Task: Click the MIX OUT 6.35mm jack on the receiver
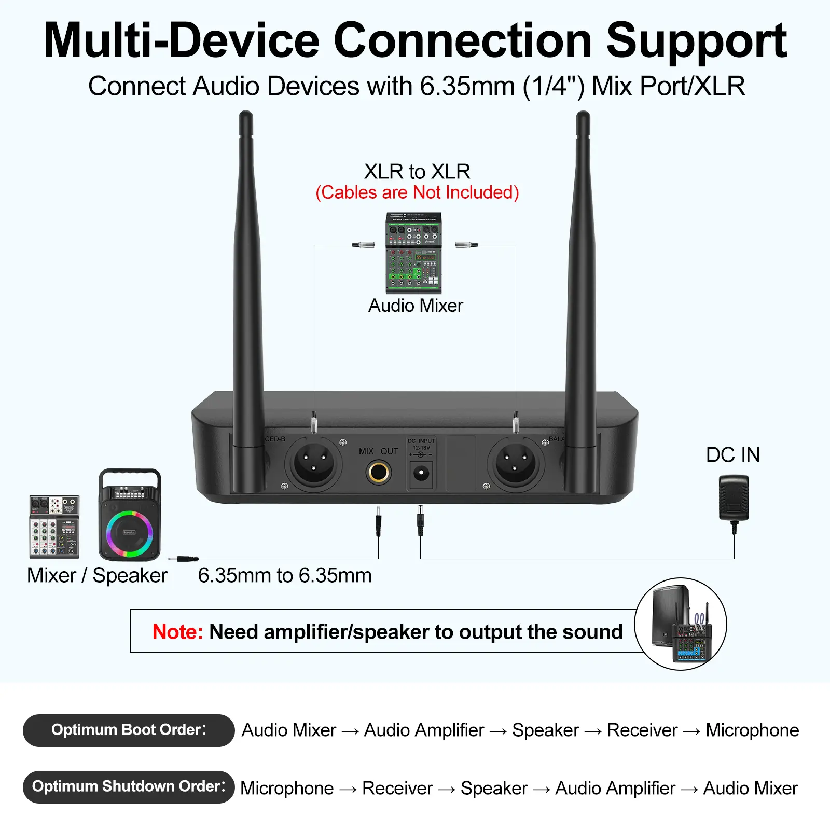coord(378,472)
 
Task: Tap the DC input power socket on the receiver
coord(421,473)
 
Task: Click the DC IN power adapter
coord(734,499)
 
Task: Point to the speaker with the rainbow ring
coord(130,516)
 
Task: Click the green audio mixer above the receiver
coord(413,253)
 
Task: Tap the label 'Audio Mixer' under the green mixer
coord(416,306)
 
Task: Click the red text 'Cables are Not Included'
coord(417,192)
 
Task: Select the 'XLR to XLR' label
coord(417,171)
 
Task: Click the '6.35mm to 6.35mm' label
coord(285,575)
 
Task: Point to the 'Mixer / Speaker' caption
coord(98,575)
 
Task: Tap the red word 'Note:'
coord(177,632)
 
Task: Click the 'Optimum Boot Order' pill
coord(129,730)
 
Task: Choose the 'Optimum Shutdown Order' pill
coord(129,786)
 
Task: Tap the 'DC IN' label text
coord(733,455)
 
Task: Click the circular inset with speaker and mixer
coord(680,624)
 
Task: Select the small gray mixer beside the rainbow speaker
coord(54,526)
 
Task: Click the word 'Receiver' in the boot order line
coord(642,730)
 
